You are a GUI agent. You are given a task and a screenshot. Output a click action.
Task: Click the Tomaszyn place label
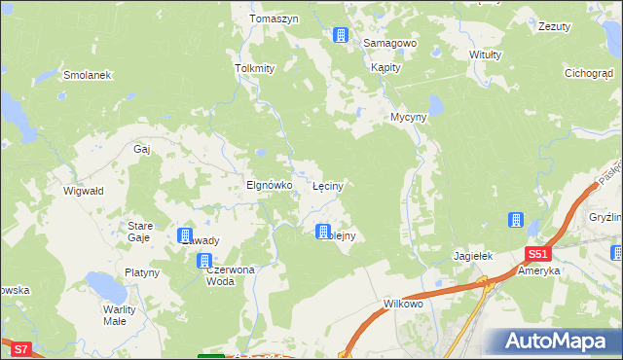(277, 18)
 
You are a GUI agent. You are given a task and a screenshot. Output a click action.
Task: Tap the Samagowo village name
(389, 44)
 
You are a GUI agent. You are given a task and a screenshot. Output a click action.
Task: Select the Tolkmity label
(255, 68)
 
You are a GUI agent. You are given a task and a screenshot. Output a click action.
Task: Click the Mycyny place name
(409, 117)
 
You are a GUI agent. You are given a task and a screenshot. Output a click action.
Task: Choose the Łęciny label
(331, 184)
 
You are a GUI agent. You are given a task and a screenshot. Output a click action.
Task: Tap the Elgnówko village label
(269, 184)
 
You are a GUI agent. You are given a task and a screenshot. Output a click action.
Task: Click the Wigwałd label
(83, 192)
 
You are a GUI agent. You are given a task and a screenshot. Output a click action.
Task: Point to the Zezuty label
(554, 27)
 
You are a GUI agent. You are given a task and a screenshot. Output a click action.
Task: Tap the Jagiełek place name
(474, 256)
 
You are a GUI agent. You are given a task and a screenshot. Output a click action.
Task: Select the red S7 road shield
(21, 347)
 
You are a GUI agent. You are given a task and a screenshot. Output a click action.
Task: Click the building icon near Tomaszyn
(340, 36)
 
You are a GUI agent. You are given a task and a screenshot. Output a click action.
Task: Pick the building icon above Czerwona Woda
(204, 261)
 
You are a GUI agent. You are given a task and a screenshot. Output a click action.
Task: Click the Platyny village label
(141, 272)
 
